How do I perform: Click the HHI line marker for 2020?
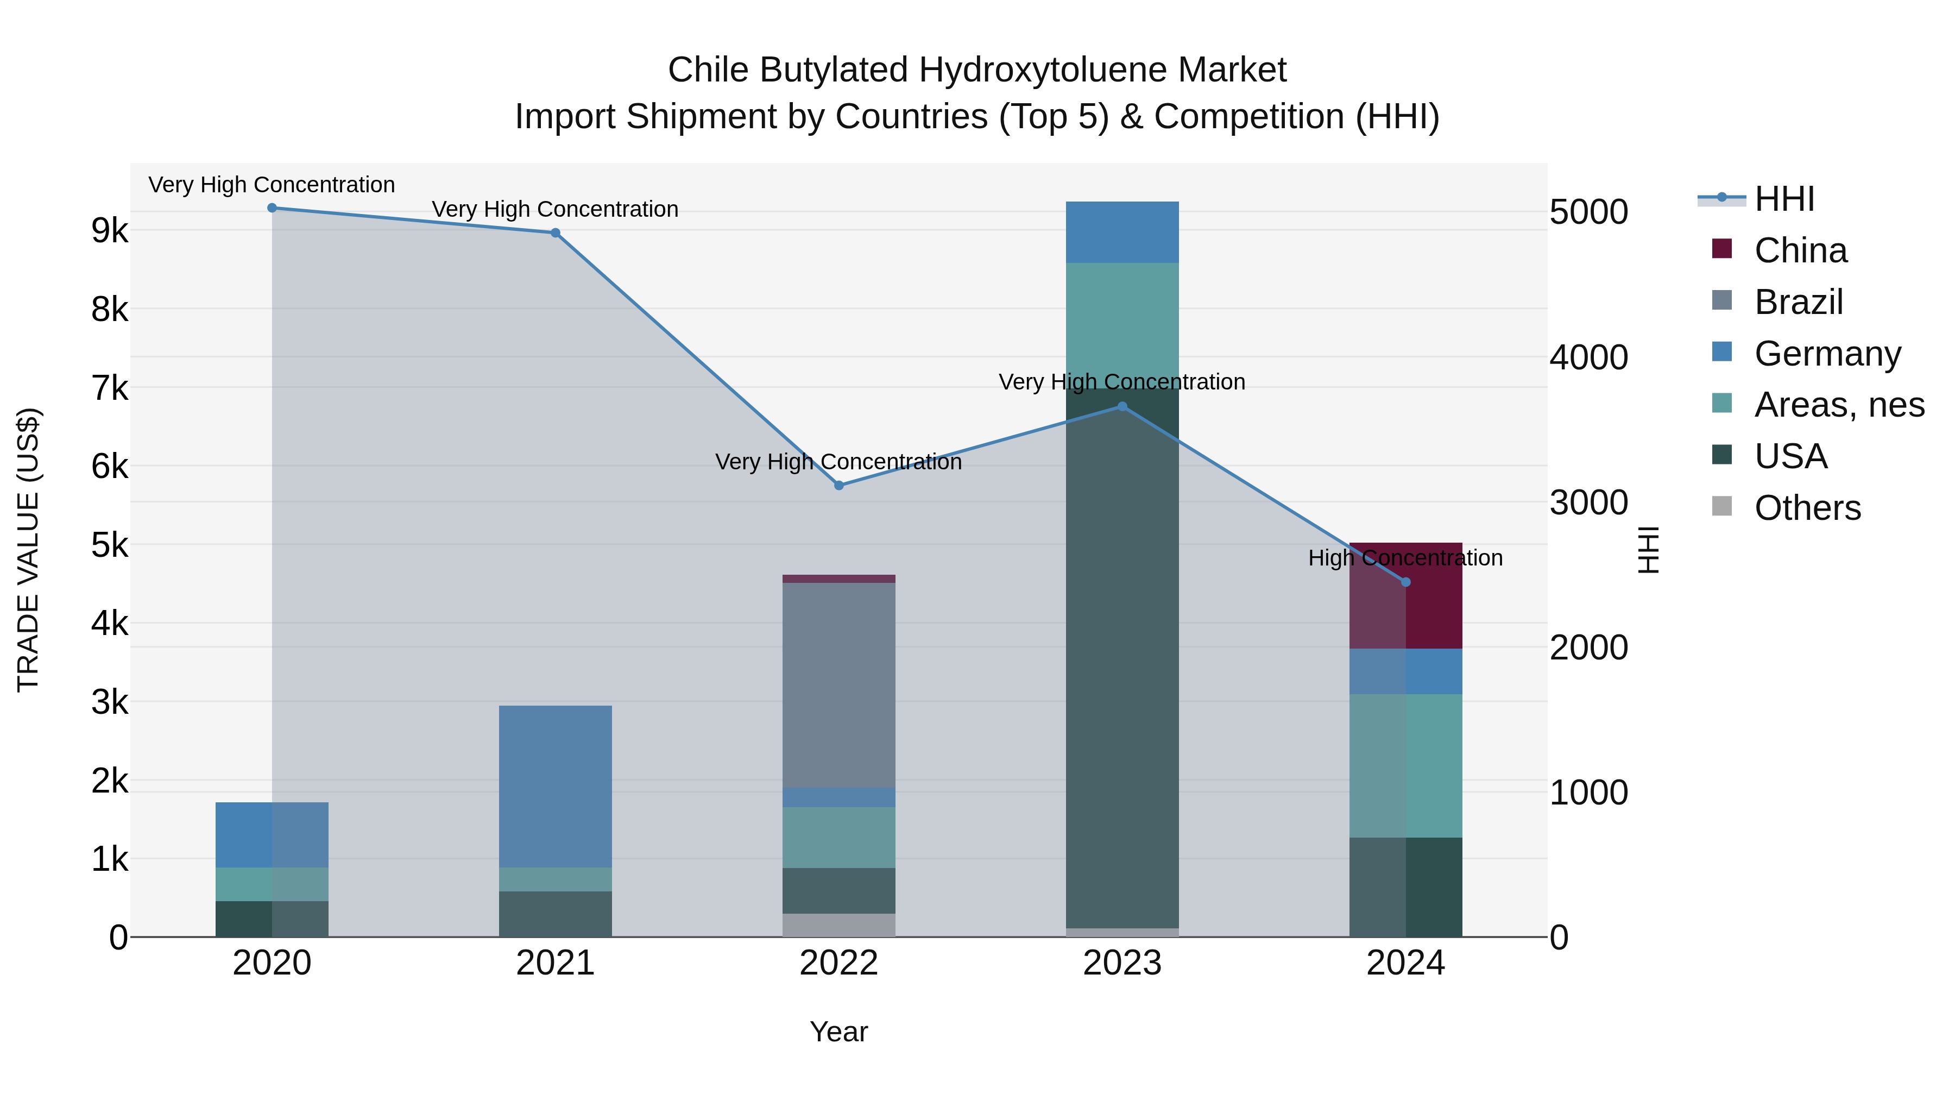(272, 208)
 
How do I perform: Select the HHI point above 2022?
(838, 486)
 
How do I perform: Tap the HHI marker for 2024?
(1405, 582)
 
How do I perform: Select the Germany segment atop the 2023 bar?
(1122, 232)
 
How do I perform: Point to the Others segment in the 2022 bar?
(838, 925)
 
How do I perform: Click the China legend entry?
(1800, 250)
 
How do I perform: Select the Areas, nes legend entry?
(1838, 405)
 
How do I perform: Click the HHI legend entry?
(1783, 199)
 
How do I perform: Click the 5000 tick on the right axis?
(1588, 212)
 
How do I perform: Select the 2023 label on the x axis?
(1122, 963)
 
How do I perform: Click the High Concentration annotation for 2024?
(1405, 558)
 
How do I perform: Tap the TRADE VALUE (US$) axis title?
(28, 550)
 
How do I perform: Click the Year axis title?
(838, 1032)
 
